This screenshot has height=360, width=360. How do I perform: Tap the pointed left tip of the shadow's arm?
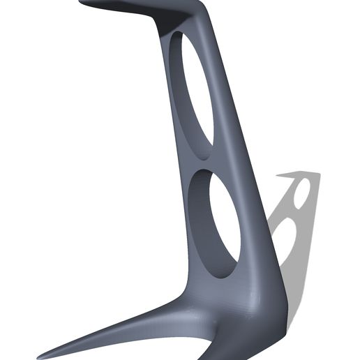pos(278,177)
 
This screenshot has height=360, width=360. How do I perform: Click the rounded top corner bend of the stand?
pos(200,8)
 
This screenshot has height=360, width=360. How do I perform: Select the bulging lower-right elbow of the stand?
pos(276,300)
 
